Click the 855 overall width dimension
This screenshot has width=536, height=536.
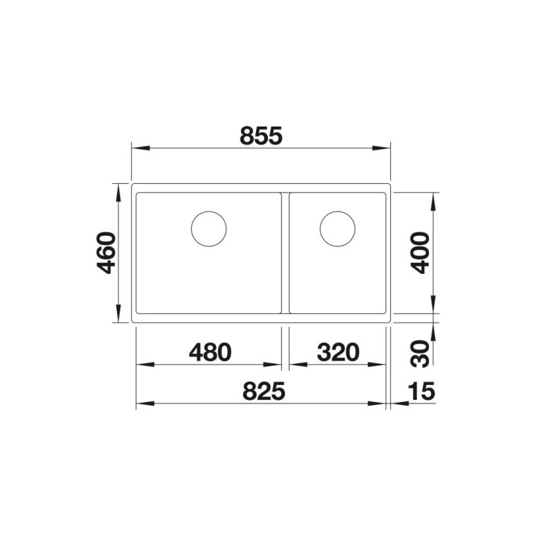pos(261,135)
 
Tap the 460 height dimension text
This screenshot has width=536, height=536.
pos(106,253)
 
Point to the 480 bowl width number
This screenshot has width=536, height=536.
pos(208,351)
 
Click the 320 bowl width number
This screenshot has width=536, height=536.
pos(336,351)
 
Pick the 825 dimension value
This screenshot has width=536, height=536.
pos(261,389)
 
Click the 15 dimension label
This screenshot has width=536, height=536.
pos(421,389)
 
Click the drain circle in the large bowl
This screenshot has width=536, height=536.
pos(208,228)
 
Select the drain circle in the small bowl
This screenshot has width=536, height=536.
pos(336,228)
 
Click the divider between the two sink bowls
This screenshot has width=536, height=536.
pos(284,253)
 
